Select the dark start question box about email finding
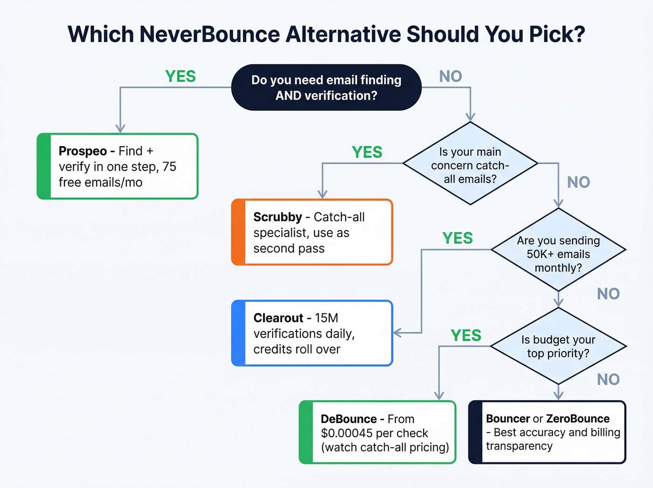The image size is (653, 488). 326,88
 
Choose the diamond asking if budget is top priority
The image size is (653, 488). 558,346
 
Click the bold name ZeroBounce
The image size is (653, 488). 578,418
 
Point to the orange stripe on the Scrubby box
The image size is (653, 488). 238,232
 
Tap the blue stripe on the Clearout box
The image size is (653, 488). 238,333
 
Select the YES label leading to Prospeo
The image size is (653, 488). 181,76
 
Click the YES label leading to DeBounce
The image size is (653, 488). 465,335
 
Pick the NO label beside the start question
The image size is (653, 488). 450,76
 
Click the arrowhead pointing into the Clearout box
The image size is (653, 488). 397,333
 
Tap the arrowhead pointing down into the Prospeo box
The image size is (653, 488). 120,128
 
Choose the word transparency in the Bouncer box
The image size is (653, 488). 519,446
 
